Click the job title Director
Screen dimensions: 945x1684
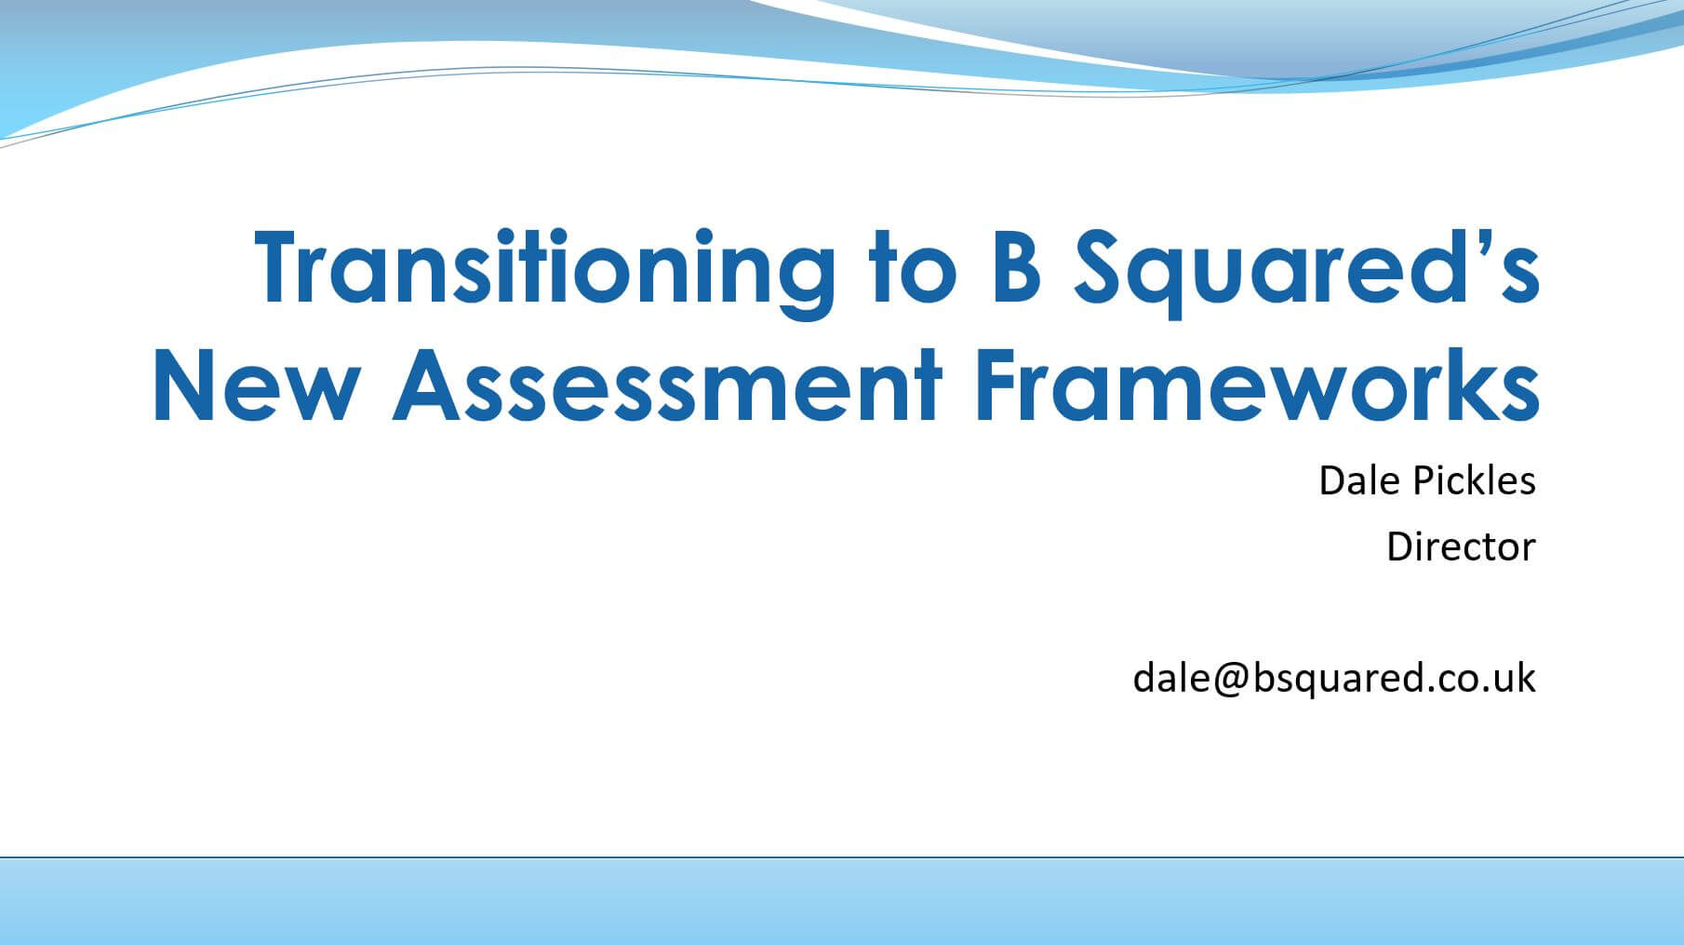[x=1461, y=547]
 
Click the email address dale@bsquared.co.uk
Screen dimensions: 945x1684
[x=1334, y=677]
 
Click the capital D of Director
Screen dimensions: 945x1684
[x=1399, y=547]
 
